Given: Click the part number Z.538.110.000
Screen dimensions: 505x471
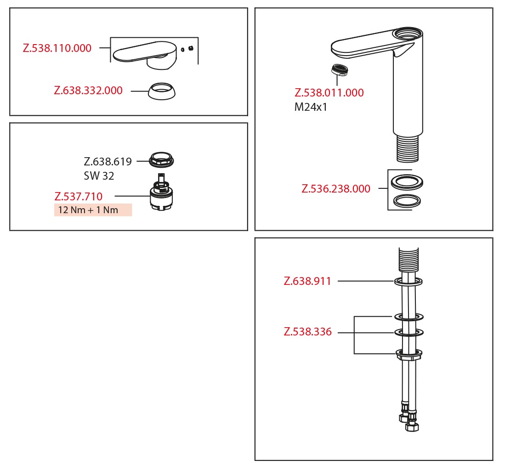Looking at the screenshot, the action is [57, 48].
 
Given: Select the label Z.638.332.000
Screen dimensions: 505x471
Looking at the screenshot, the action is [88, 90].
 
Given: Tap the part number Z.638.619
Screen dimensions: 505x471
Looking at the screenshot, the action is [108, 161].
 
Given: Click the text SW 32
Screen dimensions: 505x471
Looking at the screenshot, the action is [99, 176].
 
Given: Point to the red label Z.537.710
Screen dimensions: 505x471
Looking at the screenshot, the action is [78, 196].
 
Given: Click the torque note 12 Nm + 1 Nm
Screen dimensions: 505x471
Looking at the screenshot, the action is [88, 210].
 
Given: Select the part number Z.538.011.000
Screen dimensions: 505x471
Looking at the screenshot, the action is [329, 93].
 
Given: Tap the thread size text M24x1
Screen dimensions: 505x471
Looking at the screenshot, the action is [311, 107].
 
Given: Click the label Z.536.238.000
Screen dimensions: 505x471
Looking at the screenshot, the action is [336, 188].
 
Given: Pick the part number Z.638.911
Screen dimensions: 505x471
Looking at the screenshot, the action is [307, 281].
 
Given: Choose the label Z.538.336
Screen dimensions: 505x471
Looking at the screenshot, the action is [307, 331].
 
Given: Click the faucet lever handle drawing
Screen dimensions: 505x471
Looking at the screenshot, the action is [145, 55].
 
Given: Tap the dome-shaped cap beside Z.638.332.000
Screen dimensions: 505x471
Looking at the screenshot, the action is [162, 91].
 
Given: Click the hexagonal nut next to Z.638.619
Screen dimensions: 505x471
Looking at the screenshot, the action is [161, 160].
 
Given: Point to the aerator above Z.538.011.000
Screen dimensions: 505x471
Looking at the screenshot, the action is [340, 69].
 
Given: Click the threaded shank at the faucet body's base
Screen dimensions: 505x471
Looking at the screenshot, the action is [408, 148].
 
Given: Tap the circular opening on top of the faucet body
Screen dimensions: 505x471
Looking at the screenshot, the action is [408, 33].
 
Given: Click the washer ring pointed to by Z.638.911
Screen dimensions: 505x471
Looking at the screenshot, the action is [409, 282].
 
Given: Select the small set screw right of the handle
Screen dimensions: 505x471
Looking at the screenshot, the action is [191, 48].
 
